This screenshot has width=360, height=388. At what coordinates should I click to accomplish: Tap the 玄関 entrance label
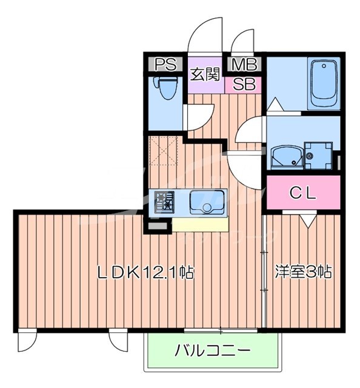(x=205, y=75)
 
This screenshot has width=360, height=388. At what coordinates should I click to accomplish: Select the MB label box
(x=245, y=64)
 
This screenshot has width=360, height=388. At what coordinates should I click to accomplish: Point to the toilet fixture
(x=165, y=89)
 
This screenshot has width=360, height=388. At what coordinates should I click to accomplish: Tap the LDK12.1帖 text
(x=146, y=272)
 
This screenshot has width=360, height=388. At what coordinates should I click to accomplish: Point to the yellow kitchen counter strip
(x=200, y=224)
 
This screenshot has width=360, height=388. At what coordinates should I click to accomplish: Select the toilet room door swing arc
(x=198, y=114)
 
